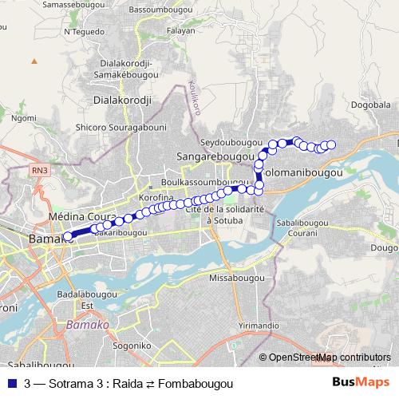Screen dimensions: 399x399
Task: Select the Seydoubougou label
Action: click(232, 141)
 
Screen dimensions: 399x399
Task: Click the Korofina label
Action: click(156, 196)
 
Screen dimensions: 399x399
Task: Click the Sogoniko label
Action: click(132, 346)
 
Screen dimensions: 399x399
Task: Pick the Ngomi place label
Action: click(24, 117)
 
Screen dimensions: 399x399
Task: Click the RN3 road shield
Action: click(39, 170)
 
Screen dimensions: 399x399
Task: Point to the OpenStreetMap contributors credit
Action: click(329, 358)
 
